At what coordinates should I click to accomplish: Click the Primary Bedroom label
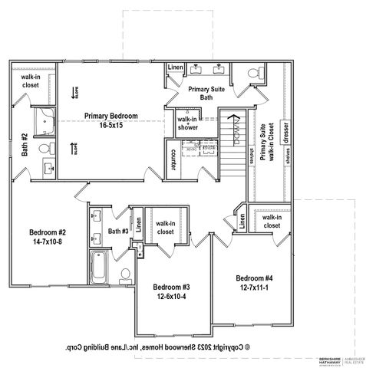[x=111, y=120]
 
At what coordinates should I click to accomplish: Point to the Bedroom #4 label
[x=256, y=282]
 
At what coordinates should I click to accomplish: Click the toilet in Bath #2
[x=45, y=148]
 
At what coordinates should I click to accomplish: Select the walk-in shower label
[x=188, y=123]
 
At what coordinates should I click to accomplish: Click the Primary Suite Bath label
[x=205, y=94]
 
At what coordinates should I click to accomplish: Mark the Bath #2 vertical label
[x=25, y=143]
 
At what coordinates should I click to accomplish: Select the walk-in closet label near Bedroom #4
[x=270, y=222]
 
